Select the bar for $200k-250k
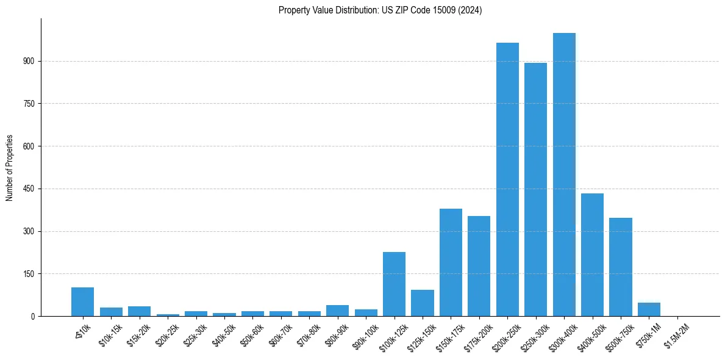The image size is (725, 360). pyautogui.click(x=507, y=179)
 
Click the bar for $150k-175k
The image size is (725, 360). pyautogui.click(x=451, y=262)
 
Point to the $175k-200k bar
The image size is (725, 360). pyautogui.click(x=479, y=266)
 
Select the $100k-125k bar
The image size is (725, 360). pyautogui.click(x=394, y=284)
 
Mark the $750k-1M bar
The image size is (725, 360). pyautogui.click(x=649, y=309)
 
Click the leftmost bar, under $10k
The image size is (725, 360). pyautogui.click(x=82, y=302)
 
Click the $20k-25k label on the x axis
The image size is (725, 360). pyautogui.click(x=168, y=335)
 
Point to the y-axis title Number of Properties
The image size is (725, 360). pyautogui.click(x=9, y=168)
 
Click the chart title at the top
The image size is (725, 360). pyautogui.click(x=380, y=10)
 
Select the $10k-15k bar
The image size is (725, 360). pyautogui.click(x=111, y=312)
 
